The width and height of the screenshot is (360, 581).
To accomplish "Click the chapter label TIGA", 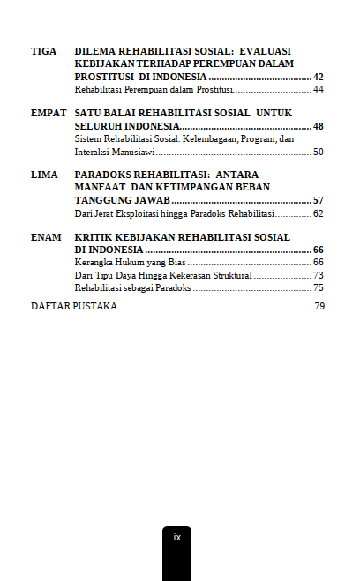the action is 43,51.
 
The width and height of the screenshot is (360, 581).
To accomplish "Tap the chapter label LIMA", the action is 44,175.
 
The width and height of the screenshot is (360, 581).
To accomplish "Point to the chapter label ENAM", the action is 46,237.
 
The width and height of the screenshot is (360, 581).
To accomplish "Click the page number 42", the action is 319,77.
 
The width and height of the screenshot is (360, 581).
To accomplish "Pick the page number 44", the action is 319,90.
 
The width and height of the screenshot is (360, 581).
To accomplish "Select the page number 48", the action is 319,127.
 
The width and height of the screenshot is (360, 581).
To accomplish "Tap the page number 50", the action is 319,153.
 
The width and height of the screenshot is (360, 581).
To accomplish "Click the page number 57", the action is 319,201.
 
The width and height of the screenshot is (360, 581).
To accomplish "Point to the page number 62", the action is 319,214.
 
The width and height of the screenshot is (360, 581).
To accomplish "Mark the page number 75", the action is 319,288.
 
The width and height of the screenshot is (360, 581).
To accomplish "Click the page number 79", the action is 320,307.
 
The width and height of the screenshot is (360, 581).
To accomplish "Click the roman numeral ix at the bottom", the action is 176,537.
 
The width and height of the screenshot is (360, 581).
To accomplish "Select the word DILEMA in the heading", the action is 96,51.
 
